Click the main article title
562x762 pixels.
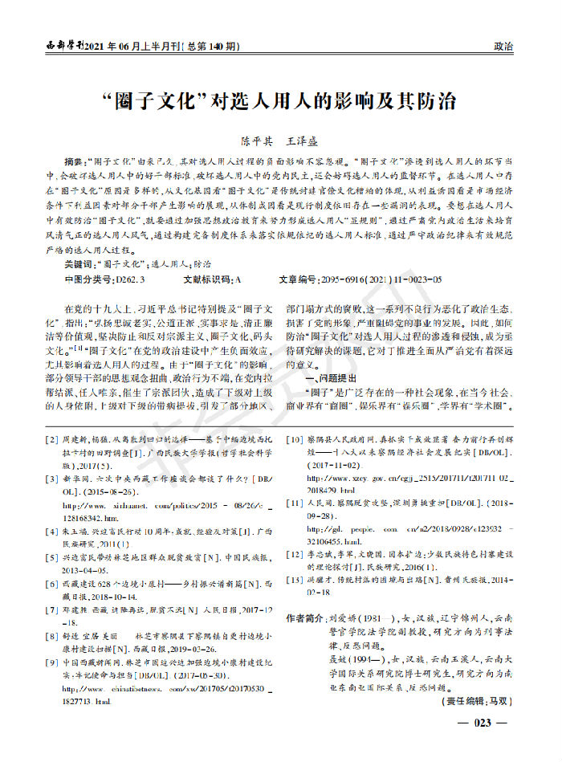pos(281,102)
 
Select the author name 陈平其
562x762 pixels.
pos(247,140)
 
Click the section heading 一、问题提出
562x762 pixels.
pos(320,379)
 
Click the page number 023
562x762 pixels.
pos(481,723)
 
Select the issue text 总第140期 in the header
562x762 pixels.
pos(212,47)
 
